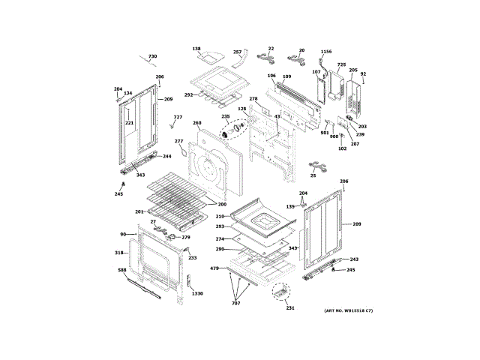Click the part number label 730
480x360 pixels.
152,57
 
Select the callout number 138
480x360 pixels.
196,49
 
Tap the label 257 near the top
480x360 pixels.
237,52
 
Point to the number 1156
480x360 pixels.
325,52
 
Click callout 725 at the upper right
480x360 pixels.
341,65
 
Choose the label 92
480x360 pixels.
363,73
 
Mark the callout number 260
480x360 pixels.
196,123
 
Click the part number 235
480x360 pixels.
225,116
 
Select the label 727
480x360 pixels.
178,117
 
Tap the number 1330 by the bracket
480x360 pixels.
197,293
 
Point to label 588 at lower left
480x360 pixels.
122,269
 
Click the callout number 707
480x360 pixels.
235,302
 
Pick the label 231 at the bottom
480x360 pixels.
290,308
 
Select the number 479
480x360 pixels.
214,268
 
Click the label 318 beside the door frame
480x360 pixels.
118,253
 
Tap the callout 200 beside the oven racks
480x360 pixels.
222,204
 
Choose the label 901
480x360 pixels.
325,133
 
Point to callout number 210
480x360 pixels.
220,217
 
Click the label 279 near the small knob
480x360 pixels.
186,238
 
